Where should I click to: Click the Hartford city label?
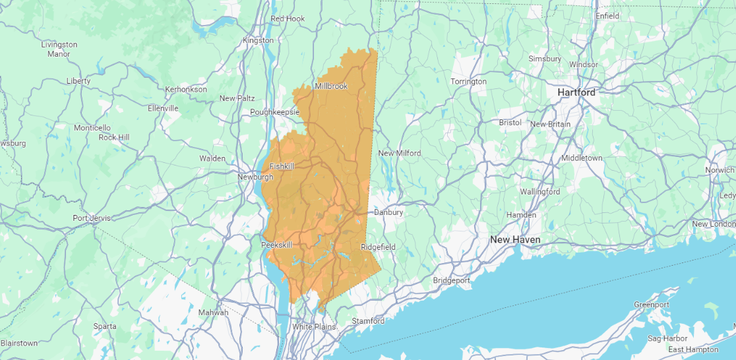(x=576, y=92)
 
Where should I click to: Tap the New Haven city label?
(x=515, y=239)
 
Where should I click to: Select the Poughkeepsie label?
(x=275, y=112)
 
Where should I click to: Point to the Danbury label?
(x=388, y=212)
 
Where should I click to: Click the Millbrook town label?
(x=331, y=86)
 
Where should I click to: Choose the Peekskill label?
(x=276, y=245)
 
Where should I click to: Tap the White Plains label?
(x=314, y=326)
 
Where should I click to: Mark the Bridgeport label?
(x=452, y=280)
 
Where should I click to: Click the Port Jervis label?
(x=90, y=218)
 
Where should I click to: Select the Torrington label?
(x=468, y=82)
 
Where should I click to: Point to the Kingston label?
(x=258, y=40)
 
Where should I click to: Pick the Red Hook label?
(x=288, y=18)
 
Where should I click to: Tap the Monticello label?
(x=92, y=127)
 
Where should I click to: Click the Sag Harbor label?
(x=667, y=338)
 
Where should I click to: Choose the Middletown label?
(x=582, y=158)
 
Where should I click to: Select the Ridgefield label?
(x=378, y=247)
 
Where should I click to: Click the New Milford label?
(x=399, y=153)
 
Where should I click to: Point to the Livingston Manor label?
(x=59, y=49)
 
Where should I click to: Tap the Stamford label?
(x=368, y=321)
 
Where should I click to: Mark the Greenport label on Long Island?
(x=652, y=305)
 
